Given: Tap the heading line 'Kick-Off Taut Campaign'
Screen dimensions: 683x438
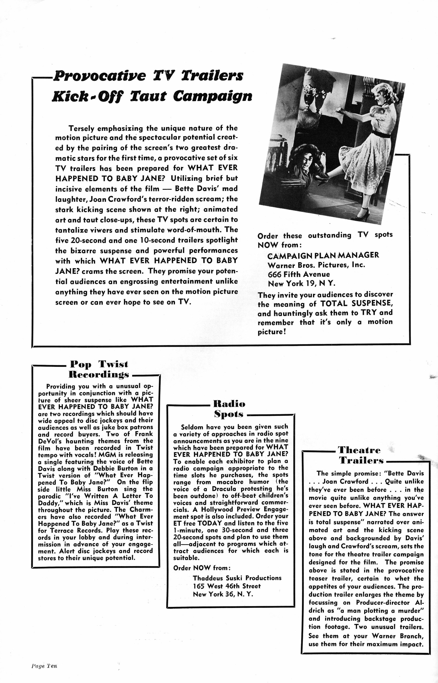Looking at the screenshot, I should (x=152, y=96).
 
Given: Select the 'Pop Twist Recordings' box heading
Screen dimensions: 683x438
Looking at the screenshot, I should (x=99, y=369).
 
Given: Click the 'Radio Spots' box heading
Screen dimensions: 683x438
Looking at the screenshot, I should (x=229, y=409).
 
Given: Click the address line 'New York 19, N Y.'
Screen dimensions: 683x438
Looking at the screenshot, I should (x=302, y=284).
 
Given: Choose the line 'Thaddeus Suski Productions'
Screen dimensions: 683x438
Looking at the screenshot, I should (x=237, y=578).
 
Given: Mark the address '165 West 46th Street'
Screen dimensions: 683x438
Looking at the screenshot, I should (x=227, y=586).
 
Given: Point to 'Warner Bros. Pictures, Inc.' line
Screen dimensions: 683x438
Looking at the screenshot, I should (x=316, y=265).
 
